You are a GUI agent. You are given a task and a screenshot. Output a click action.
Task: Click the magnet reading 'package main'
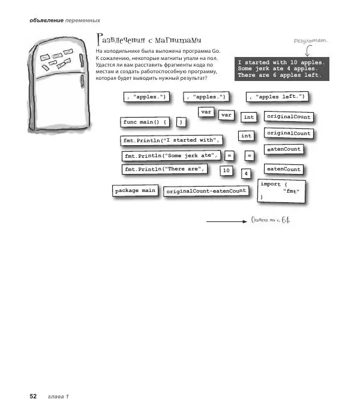[x=135, y=191]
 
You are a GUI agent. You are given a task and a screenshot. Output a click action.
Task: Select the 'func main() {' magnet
[x=145, y=122]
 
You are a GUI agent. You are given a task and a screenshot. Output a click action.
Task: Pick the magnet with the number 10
[x=226, y=171]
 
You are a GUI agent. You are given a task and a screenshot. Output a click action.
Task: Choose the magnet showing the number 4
[x=246, y=174]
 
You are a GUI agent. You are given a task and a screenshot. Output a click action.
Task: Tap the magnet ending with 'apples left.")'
[x=277, y=96]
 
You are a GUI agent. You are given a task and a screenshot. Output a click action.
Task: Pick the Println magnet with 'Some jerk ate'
[x=171, y=156]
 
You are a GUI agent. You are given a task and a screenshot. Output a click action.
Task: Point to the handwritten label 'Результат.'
[x=310, y=40]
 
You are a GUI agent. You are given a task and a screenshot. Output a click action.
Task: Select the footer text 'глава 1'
[x=59, y=397]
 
